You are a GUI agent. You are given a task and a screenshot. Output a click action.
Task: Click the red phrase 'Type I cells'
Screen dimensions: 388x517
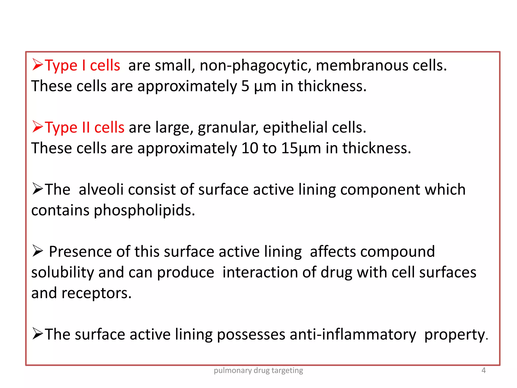tap(82, 65)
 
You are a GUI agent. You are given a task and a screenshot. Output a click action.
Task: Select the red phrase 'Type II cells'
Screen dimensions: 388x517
tap(85, 127)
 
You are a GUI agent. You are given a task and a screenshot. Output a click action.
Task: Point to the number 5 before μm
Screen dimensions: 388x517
tap(245, 86)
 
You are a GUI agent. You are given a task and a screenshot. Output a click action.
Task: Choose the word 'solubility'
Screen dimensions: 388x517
tap(63, 272)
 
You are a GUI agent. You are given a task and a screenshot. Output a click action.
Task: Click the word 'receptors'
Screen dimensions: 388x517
tap(96, 294)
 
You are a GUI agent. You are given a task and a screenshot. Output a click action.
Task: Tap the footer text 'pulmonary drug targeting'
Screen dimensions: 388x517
tap(258, 371)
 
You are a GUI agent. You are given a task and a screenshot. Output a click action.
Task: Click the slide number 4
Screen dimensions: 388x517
tap(483, 370)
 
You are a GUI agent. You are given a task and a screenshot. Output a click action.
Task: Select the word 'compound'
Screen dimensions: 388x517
tap(397, 252)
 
